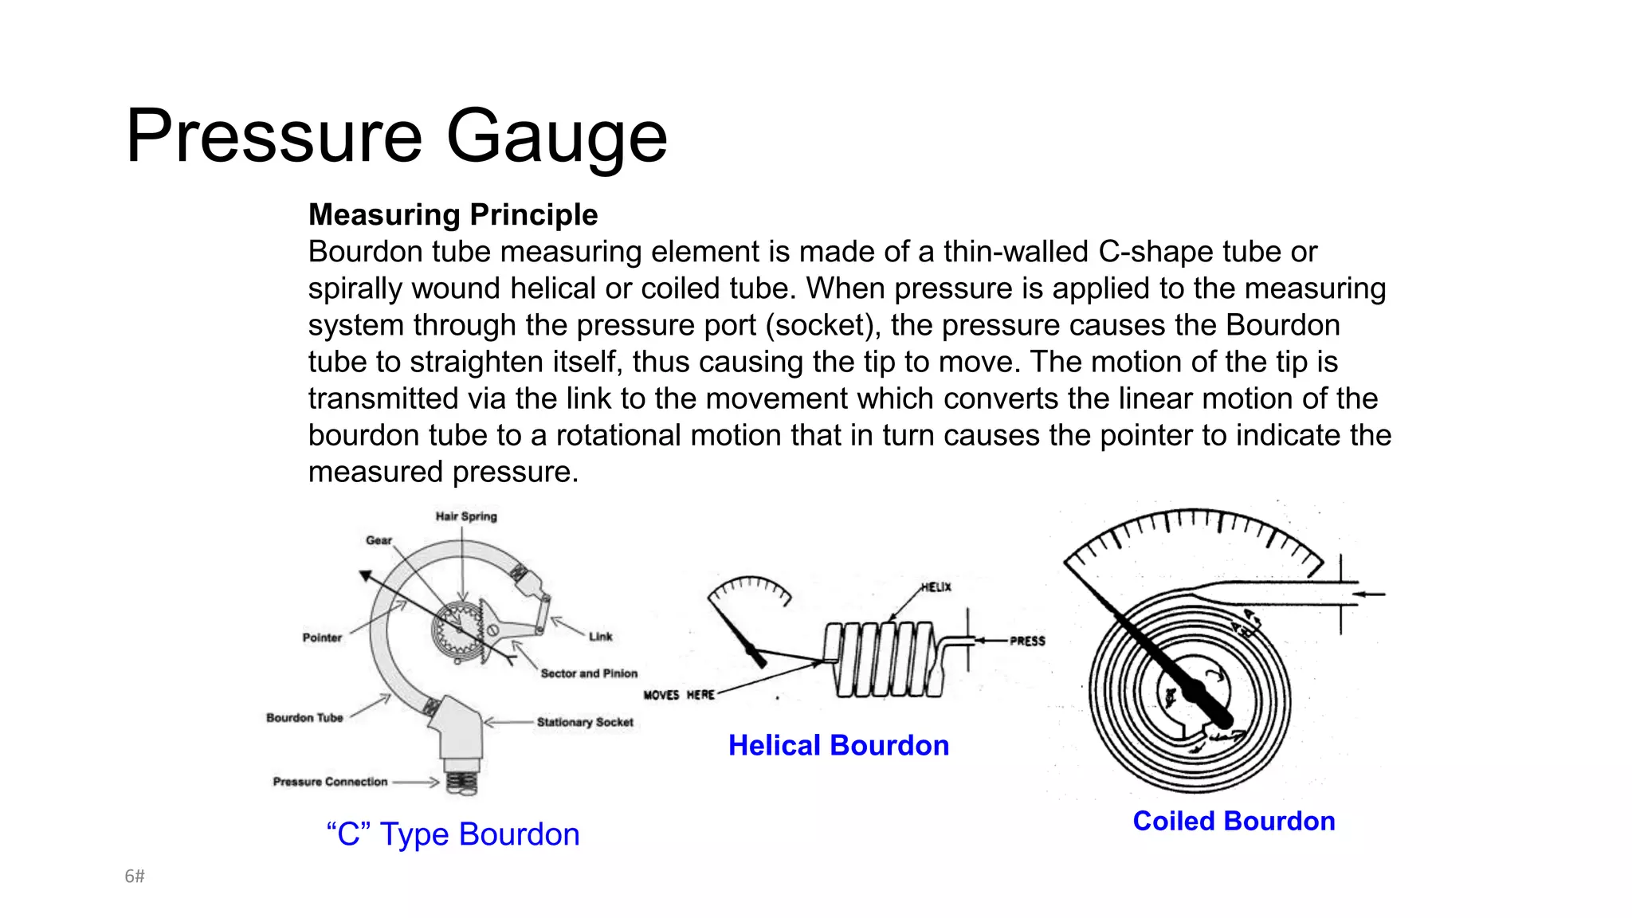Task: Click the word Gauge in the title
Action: point(556,137)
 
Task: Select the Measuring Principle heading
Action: point(453,215)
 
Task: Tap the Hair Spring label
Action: point(466,516)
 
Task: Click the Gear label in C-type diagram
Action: point(379,540)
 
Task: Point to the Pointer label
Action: point(322,637)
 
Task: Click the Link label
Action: point(601,637)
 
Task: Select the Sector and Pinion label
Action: point(589,673)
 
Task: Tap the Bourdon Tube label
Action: point(304,718)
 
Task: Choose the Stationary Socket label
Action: point(585,722)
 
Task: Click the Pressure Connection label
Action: point(330,782)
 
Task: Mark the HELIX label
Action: point(936,587)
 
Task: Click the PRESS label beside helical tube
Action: point(1027,641)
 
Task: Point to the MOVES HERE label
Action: point(679,695)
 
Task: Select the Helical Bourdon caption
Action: point(838,746)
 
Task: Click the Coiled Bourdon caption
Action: point(1234,822)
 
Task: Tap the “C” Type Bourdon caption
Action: point(453,834)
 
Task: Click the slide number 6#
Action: point(135,877)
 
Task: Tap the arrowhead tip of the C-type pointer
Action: point(364,575)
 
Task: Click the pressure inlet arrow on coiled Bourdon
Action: point(1369,594)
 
